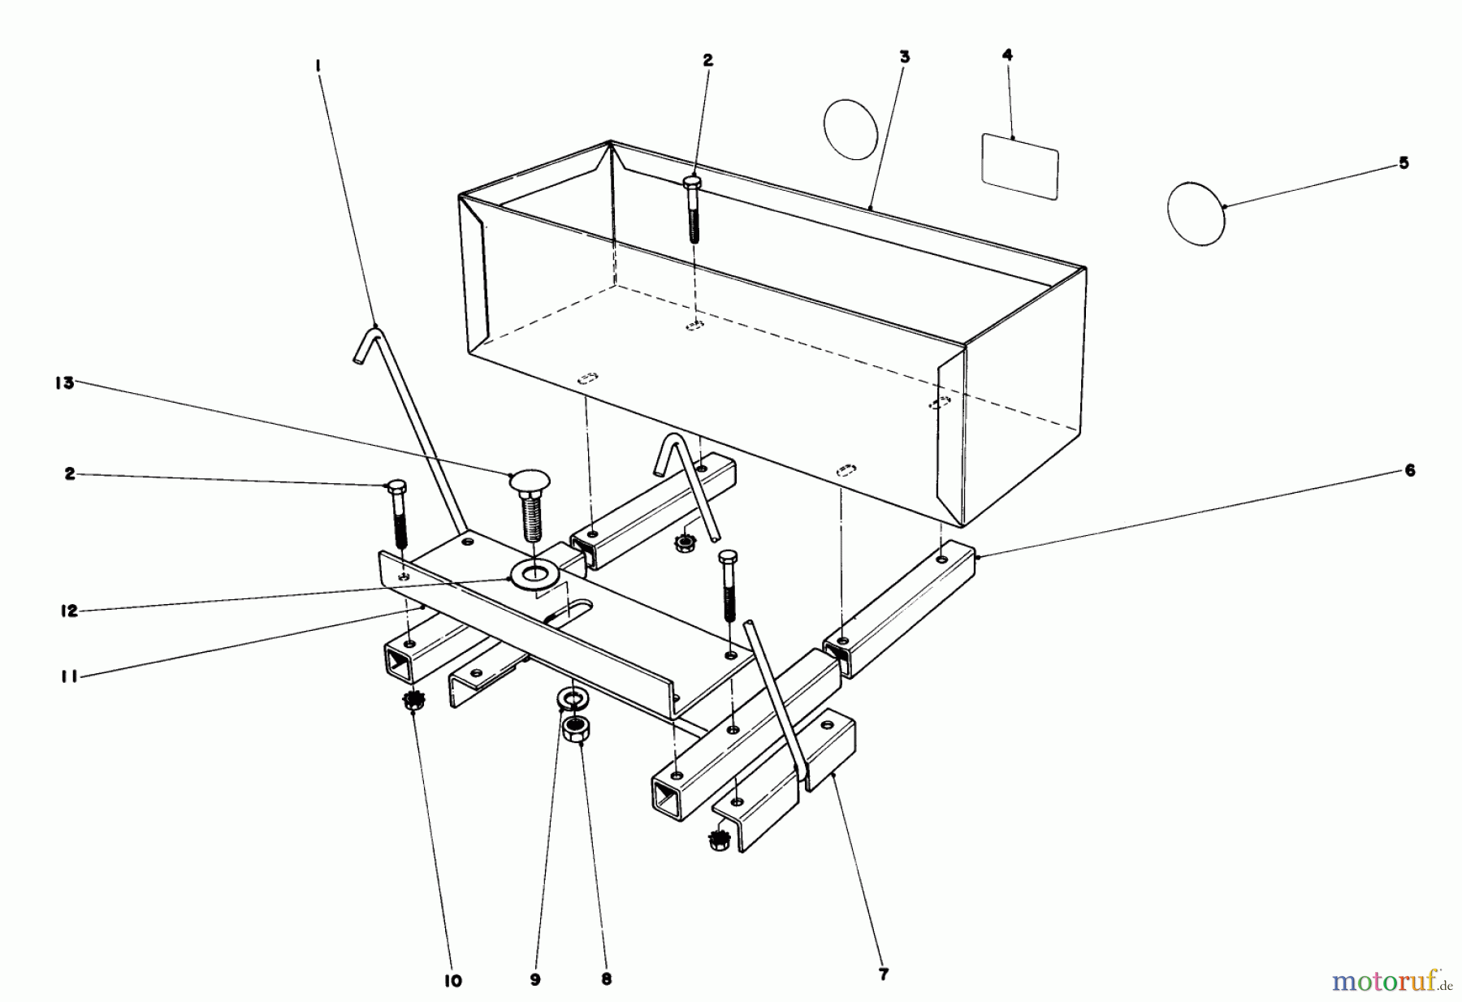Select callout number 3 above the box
905,57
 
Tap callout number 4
1008,55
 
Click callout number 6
1410,470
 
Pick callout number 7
885,974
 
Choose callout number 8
606,979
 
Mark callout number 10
453,981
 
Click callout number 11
69,676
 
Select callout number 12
69,611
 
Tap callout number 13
64,382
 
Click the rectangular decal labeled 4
1020,166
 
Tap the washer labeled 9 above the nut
573,698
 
